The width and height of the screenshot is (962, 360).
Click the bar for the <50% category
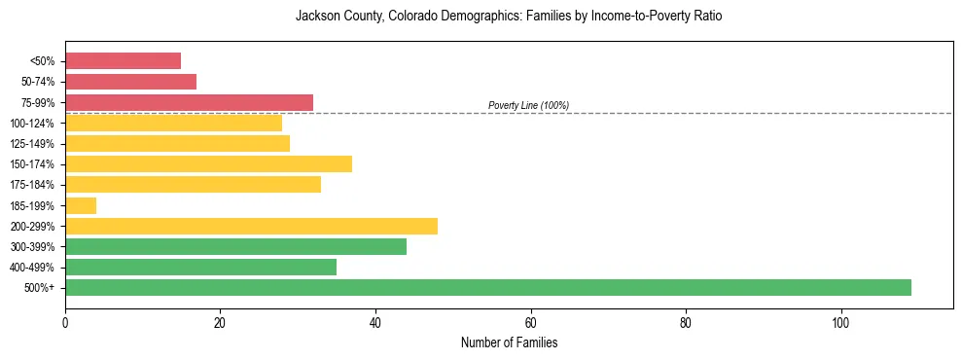123,61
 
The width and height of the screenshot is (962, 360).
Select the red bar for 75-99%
189,102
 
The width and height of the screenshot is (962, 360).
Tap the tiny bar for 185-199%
81,205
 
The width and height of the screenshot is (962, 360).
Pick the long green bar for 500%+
487,287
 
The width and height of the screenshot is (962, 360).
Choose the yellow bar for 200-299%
251,226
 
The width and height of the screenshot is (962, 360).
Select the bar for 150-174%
208,163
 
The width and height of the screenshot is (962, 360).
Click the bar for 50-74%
130,82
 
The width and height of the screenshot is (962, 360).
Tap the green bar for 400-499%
200,267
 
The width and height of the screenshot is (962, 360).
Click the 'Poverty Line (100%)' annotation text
528,105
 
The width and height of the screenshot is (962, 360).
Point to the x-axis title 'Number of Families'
509,342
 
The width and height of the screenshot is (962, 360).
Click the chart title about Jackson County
509,17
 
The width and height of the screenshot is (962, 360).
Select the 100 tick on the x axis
840,322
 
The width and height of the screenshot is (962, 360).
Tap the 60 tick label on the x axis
530,322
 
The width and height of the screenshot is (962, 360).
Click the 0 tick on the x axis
65,322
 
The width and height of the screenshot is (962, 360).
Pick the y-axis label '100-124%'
32,124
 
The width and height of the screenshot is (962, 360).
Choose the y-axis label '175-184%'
32,185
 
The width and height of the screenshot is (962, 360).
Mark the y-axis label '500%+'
39,288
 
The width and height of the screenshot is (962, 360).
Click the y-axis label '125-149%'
32,144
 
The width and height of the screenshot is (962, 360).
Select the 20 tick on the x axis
220,322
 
